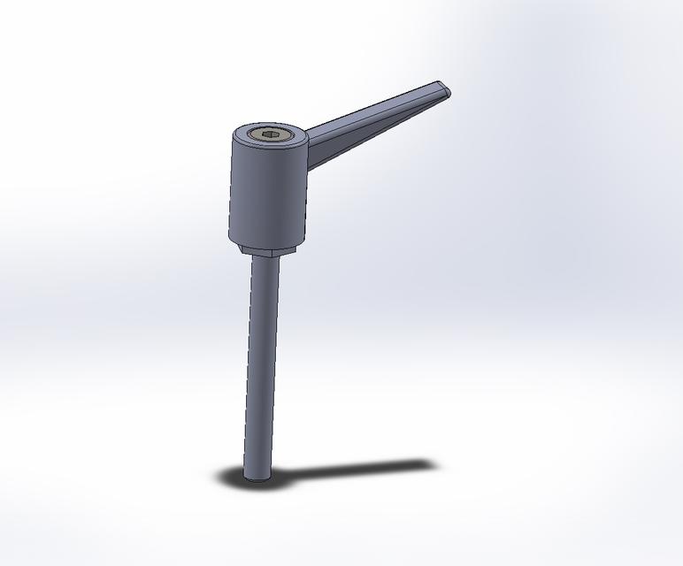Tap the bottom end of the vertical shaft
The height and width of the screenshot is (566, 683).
[x=257, y=477]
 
